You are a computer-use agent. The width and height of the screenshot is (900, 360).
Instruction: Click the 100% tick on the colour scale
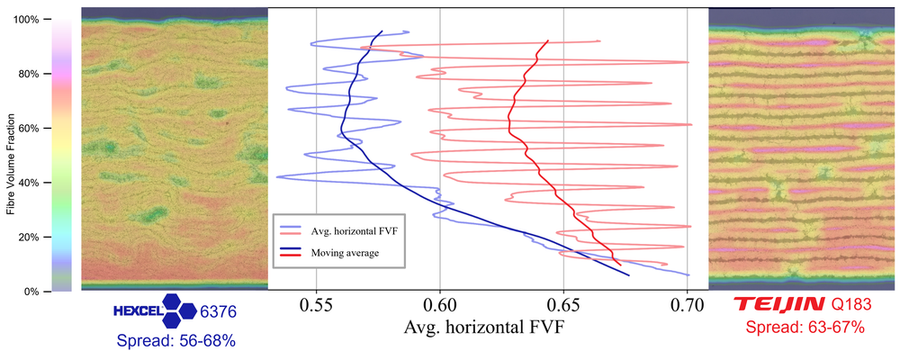26,20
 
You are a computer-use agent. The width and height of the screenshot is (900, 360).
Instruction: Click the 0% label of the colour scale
31,292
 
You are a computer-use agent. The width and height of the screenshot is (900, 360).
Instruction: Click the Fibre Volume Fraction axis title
10,155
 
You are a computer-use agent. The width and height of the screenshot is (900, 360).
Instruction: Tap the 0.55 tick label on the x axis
316,304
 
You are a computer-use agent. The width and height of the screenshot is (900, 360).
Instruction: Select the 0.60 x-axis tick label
440,304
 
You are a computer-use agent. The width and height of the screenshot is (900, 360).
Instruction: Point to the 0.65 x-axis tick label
563,304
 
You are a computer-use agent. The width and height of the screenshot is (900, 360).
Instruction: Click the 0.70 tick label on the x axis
688,304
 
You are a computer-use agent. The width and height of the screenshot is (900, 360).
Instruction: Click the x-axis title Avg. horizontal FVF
484,328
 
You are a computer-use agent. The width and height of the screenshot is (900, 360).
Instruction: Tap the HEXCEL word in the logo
138,311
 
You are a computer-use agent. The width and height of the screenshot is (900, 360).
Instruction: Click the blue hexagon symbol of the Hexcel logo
180,307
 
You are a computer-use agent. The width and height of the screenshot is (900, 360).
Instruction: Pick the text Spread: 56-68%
176,340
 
